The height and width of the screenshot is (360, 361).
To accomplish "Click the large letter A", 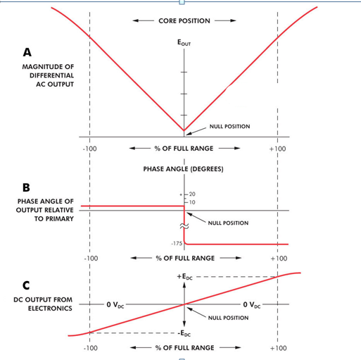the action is pyautogui.click(x=27, y=52).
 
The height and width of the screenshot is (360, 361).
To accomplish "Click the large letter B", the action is pyautogui.click(x=26, y=187).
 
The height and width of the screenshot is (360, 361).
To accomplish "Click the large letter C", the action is pyautogui.click(x=26, y=285).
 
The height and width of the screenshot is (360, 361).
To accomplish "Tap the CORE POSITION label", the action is pyautogui.click(x=184, y=21).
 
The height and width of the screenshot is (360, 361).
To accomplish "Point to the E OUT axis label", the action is pyautogui.click(x=184, y=43).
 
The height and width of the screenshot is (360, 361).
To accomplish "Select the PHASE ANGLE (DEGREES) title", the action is pyautogui.click(x=183, y=169).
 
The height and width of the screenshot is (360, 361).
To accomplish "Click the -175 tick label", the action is pyautogui.click(x=177, y=244).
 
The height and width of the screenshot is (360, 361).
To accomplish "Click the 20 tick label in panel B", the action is pyautogui.click(x=192, y=194).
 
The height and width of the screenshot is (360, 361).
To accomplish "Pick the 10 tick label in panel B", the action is pyautogui.click(x=192, y=202).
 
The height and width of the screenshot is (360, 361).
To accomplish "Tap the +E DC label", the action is pyautogui.click(x=185, y=277).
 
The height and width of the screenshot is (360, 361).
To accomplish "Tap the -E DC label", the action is pyautogui.click(x=184, y=334).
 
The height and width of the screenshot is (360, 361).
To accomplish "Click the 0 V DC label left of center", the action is pyautogui.click(x=115, y=305).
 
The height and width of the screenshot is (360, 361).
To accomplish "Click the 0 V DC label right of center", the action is pyautogui.click(x=252, y=305).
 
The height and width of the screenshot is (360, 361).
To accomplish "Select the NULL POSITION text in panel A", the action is pyautogui.click(x=229, y=126).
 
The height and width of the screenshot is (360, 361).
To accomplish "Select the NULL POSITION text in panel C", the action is pyautogui.click(x=228, y=318).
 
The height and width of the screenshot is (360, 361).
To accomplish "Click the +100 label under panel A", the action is pyautogui.click(x=277, y=149).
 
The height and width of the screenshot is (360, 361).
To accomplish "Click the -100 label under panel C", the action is pyautogui.click(x=91, y=348).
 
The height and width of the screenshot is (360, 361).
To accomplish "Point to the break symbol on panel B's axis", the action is pyautogui.click(x=184, y=226).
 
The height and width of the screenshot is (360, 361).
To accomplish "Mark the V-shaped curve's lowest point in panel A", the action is pyautogui.click(x=184, y=130).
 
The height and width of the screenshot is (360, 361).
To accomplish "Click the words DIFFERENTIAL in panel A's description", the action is pyautogui.click(x=51, y=75).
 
